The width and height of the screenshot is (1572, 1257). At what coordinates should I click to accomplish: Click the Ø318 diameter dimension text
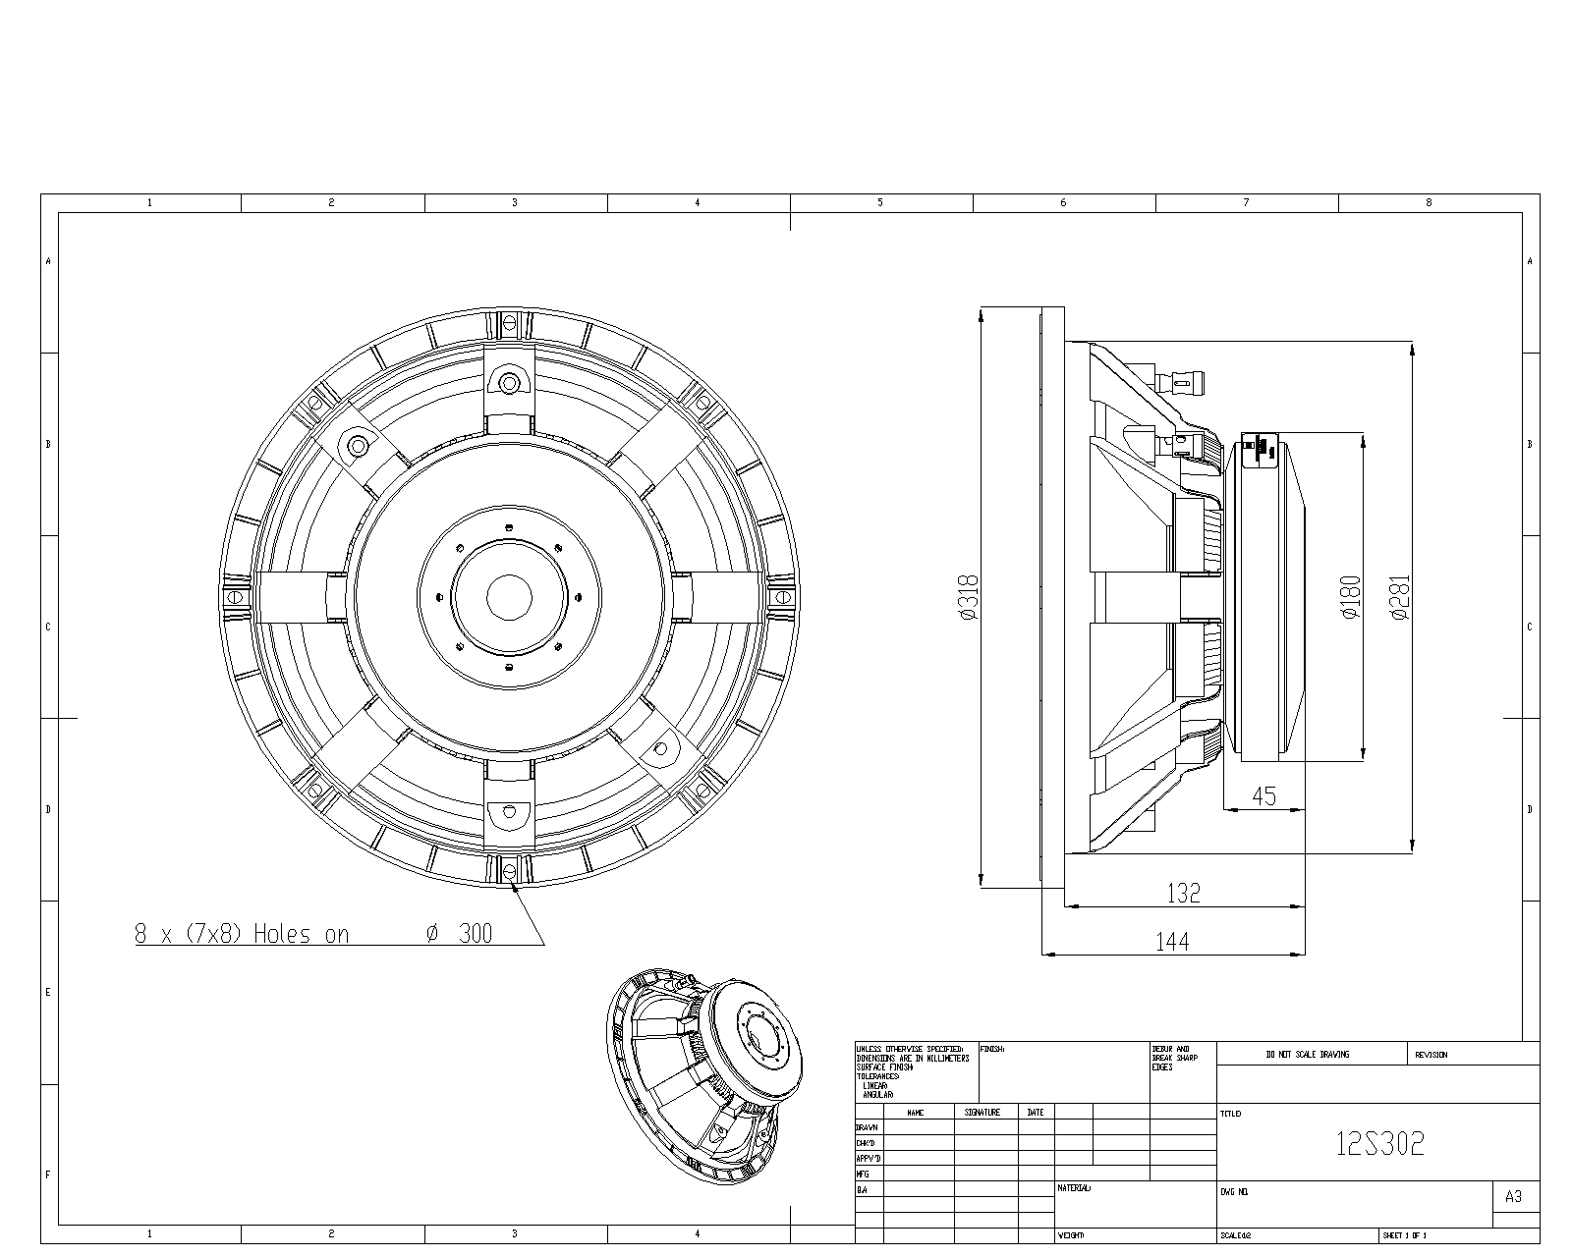click(969, 597)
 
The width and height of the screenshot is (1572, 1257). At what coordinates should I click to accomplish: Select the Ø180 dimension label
click(1351, 597)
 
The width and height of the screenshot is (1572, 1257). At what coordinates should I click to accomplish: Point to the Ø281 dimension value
click(1400, 597)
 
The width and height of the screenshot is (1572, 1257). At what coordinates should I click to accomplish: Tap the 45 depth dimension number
click(1264, 796)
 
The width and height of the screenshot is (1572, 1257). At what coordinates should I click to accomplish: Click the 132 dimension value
click(1183, 893)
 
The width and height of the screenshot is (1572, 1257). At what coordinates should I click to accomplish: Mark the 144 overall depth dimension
click(1172, 942)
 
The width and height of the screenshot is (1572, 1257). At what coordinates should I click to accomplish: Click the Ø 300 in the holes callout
click(459, 934)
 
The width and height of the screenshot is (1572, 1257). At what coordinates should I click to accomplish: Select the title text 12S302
click(1379, 1144)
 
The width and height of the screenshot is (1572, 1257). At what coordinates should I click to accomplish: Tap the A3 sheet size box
click(1513, 1196)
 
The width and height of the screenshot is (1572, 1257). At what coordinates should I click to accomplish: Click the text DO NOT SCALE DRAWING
click(1308, 1055)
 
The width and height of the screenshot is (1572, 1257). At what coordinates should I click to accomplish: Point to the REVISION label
click(1431, 1055)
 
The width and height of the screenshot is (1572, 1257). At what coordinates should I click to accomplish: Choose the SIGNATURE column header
click(982, 1113)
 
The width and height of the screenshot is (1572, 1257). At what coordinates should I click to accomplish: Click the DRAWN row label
click(867, 1128)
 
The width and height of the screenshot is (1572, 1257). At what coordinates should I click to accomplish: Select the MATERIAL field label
click(1074, 1188)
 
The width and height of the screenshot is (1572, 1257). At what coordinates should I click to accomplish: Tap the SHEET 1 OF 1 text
click(1404, 1235)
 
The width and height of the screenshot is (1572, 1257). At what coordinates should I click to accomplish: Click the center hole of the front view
click(509, 597)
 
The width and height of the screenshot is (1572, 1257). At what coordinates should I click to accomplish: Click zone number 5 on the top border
click(880, 202)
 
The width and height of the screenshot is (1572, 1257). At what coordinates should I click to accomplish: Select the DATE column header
click(1036, 1113)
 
